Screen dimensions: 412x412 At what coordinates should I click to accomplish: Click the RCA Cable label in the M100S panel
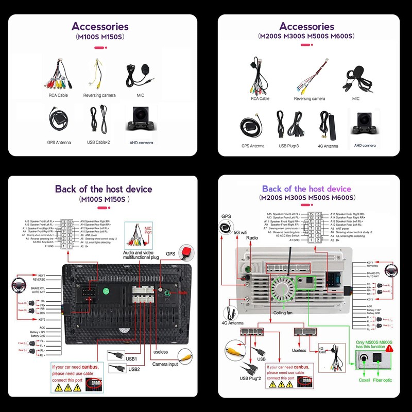pyautogui.click(x=58, y=95)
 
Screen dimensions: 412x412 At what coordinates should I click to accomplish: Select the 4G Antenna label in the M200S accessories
pyautogui.click(x=328, y=146)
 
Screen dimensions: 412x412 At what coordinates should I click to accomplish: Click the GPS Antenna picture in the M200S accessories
pyautogui.click(x=252, y=126)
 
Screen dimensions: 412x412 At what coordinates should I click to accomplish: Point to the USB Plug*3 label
pyautogui.click(x=290, y=146)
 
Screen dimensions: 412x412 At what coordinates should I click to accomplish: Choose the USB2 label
pyautogui.click(x=134, y=369)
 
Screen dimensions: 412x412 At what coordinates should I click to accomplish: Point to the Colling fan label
pyautogui.click(x=283, y=313)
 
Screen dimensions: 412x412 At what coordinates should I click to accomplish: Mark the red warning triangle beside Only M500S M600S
pyautogui.click(x=389, y=348)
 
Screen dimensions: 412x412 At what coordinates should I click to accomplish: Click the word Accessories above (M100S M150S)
pyautogui.click(x=100, y=26)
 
